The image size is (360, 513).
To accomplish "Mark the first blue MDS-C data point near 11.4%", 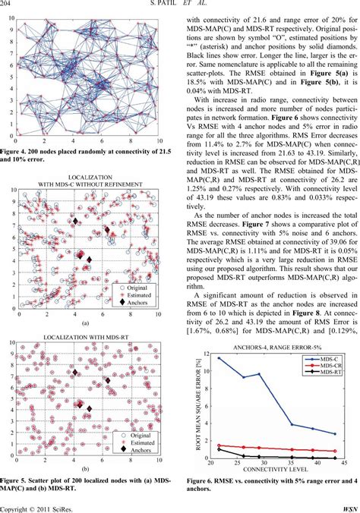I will (219, 357).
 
